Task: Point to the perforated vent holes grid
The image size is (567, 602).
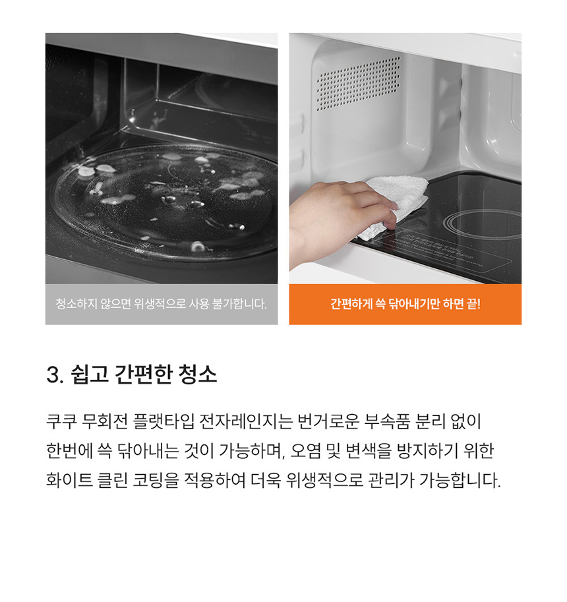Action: pyautogui.click(x=358, y=83)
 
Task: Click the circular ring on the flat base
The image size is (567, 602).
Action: pyautogui.click(x=483, y=224)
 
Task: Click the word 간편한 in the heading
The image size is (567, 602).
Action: pyautogui.click(x=143, y=375)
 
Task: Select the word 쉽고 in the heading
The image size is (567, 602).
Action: pyautogui.click(x=89, y=375)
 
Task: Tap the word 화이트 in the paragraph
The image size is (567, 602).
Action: pyautogui.click(x=69, y=480)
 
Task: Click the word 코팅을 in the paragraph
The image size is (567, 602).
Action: pyautogui.click(x=156, y=480)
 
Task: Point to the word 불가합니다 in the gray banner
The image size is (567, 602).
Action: pyautogui.click(x=239, y=304)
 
